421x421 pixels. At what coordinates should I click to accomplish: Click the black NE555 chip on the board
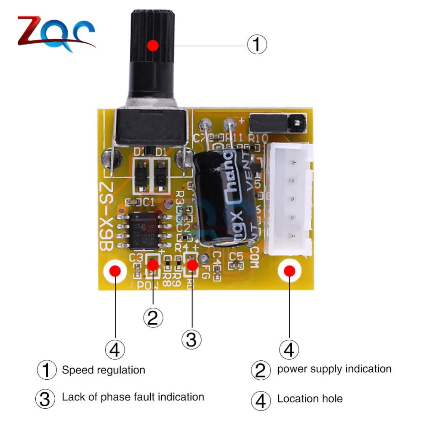pos(145,229)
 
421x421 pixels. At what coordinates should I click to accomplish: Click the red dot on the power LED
pos(152,265)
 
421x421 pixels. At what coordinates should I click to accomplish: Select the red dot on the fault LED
pos(192,265)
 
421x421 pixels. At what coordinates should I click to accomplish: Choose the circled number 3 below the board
pos(192,339)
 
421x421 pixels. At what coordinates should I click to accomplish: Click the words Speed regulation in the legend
pos(103,370)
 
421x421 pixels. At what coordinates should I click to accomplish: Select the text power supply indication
pos(334,369)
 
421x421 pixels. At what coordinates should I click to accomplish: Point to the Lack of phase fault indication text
pos(133,397)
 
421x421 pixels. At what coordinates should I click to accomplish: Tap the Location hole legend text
pos(309,399)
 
